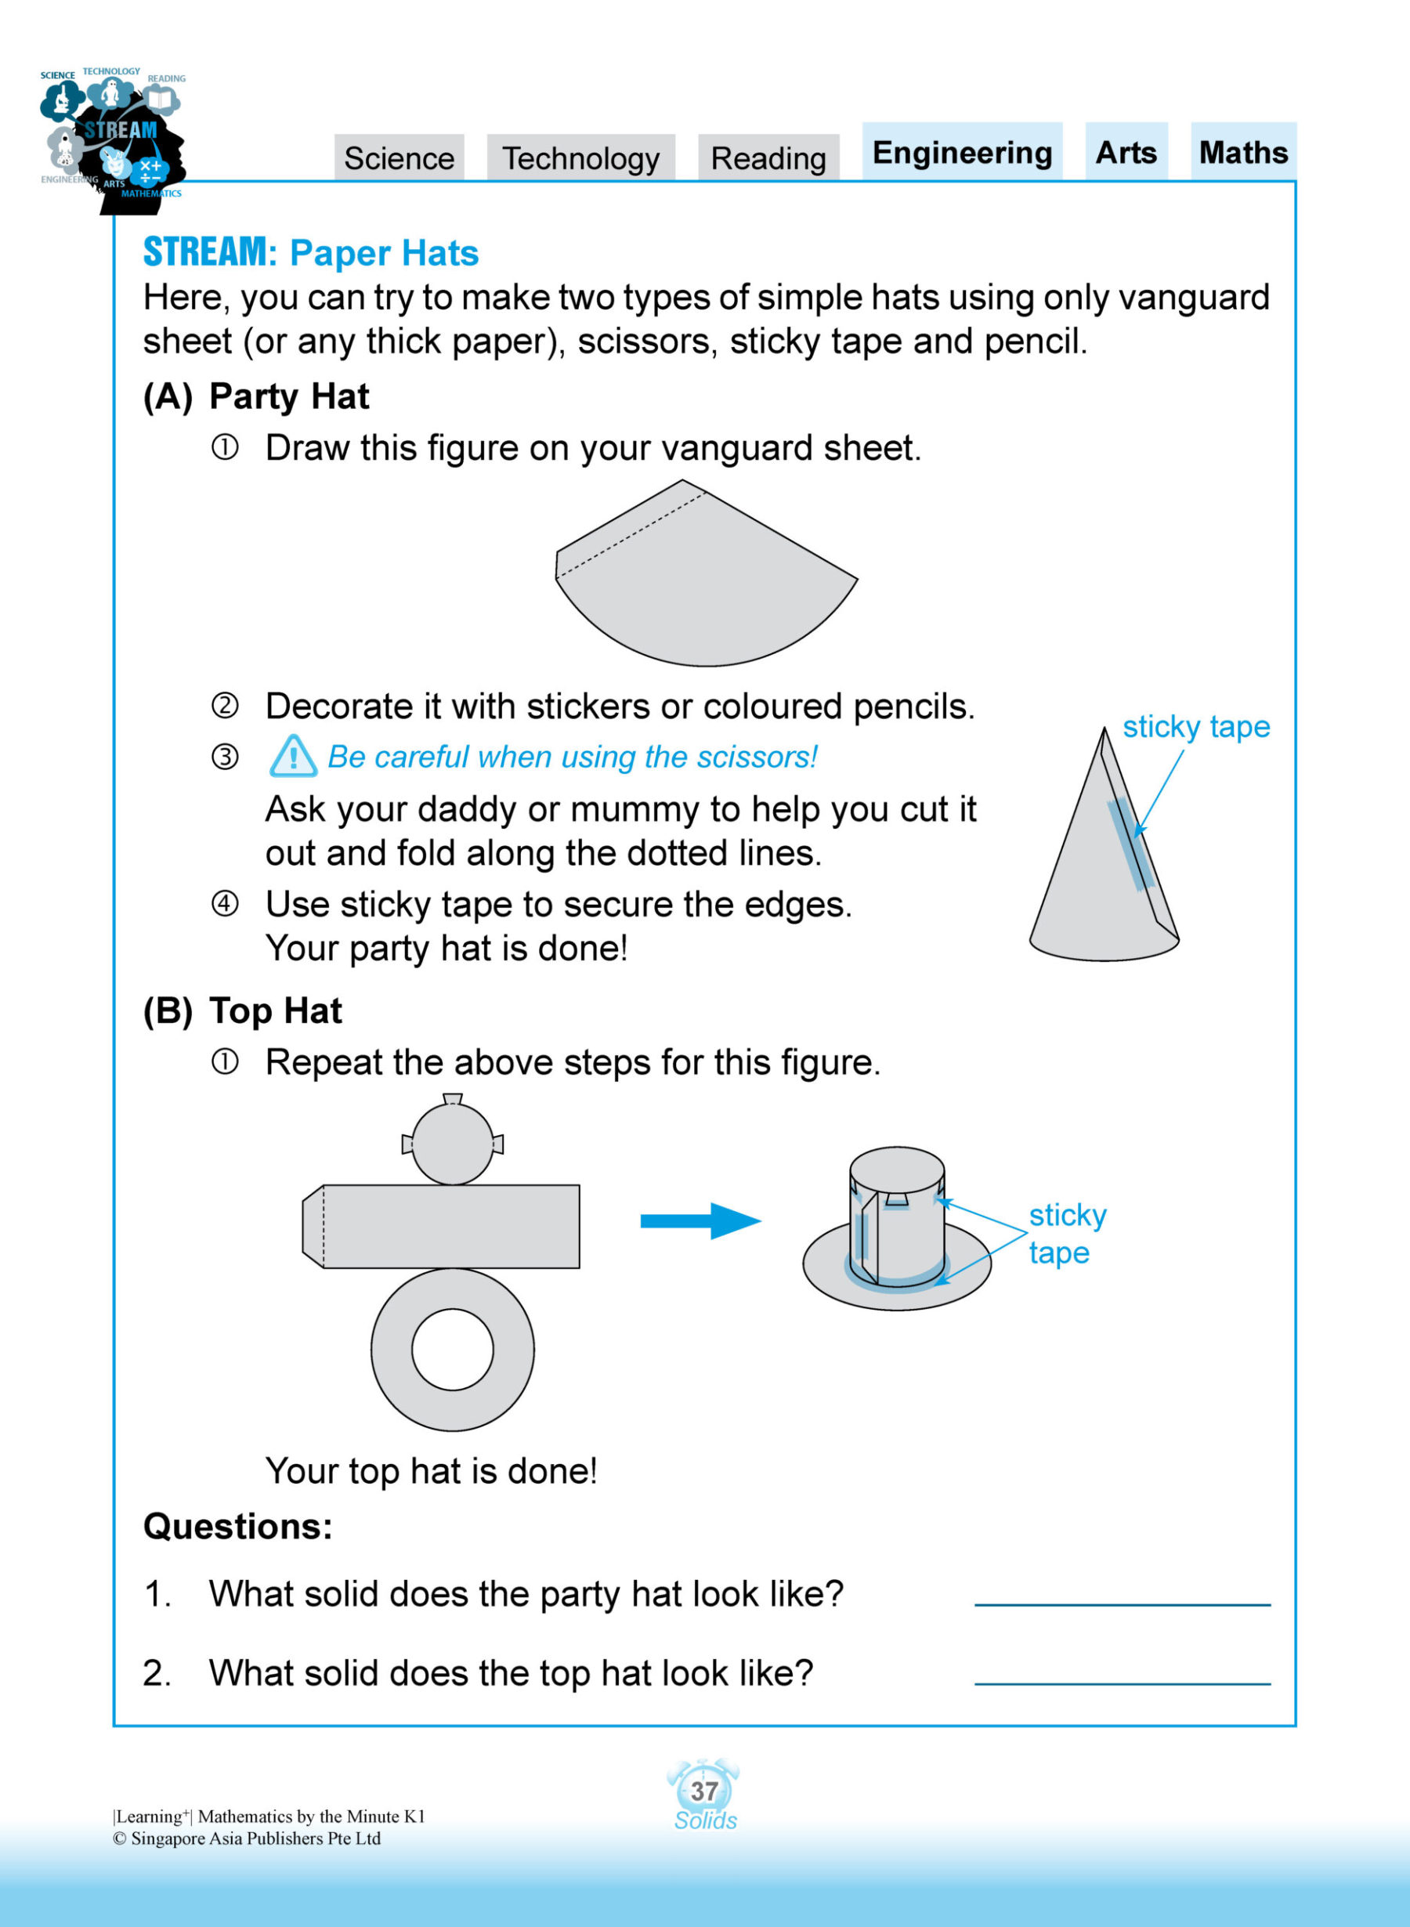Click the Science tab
[x=399, y=158]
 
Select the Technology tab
[x=580, y=158]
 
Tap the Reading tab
[x=768, y=158]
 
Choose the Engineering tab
[x=962, y=152]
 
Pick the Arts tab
[x=1126, y=152]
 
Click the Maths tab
[x=1242, y=152]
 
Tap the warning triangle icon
[x=293, y=757]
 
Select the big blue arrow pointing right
[x=700, y=1220]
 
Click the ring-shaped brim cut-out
[x=452, y=1349]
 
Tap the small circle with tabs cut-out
[x=452, y=1144]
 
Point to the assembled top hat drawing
[x=896, y=1229]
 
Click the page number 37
[x=704, y=1791]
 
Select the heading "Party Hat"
[x=288, y=397]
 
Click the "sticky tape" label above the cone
[x=1196, y=727]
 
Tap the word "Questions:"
[x=237, y=1527]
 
